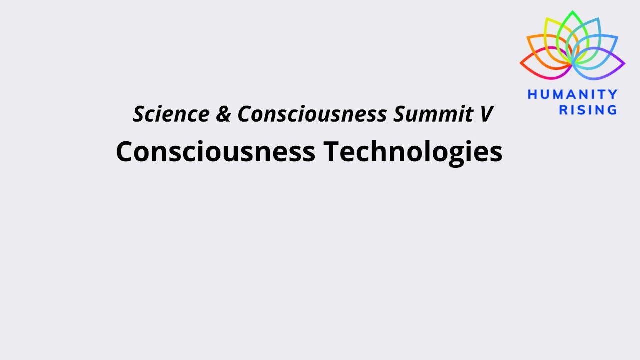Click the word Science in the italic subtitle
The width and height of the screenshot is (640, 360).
point(170,114)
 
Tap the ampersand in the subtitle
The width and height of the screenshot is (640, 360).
point(223,114)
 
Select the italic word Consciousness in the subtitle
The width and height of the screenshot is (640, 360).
point(312,114)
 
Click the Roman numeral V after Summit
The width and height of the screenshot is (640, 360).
point(486,114)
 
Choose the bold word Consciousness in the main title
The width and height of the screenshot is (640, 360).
point(215,151)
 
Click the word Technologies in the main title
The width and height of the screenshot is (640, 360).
point(413,151)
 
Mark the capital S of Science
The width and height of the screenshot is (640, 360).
point(139,114)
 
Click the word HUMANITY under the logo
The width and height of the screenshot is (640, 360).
point(572,95)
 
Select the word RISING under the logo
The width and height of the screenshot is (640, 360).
point(588,110)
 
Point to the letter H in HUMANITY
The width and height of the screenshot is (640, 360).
point(532,95)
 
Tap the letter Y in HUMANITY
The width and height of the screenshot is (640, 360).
point(613,95)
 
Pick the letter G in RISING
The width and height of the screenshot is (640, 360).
point(612,110)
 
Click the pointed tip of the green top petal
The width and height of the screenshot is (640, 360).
point(573,11)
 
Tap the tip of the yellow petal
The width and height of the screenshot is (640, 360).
point(546,19)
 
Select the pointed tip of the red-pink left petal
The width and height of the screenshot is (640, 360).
point(520,64)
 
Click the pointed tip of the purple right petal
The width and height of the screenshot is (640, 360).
point(625,64)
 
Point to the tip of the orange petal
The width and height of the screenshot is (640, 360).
point(527,37)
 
